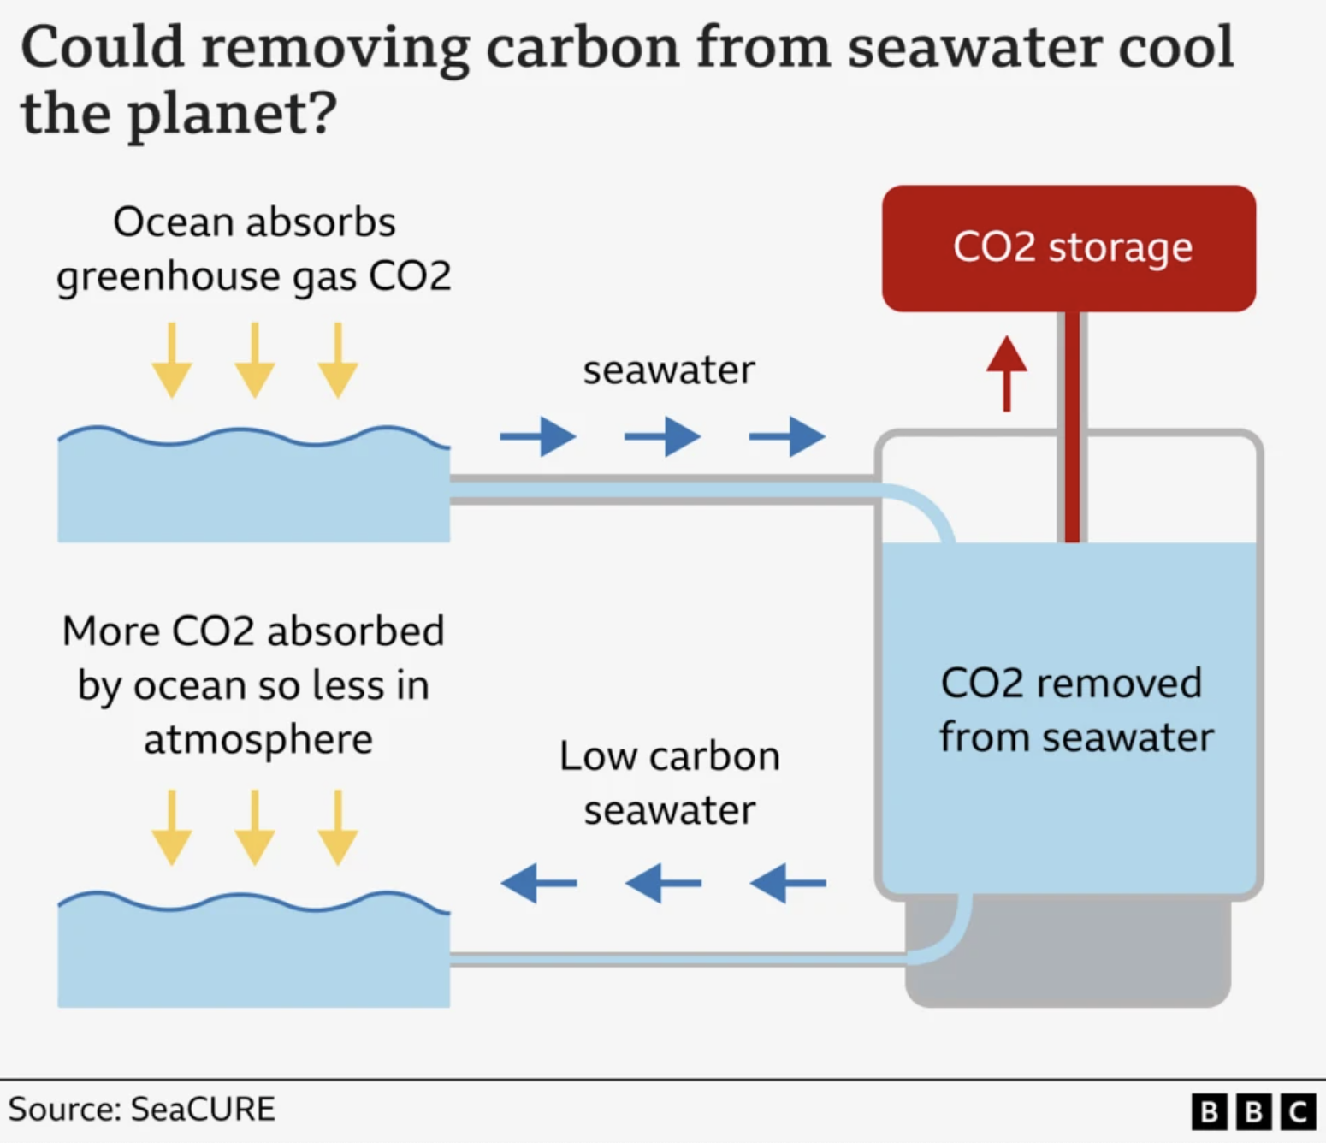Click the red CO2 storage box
pos(1068,248)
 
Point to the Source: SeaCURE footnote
pos(142,1109)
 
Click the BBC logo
pos(1253,1111)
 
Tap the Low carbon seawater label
pos(670,783)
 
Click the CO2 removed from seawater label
pos(1074,710)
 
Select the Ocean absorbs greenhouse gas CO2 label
pos(254,249)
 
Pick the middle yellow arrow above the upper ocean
pos(255,360)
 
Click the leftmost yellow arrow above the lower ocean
pos(172,827)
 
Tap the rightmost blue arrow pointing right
pos(788,436)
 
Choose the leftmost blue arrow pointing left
pos(538,882)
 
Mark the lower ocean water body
pos(253,958)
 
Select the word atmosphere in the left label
pos(258,740)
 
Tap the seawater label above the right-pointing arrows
pos(669,370)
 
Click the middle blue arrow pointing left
pos(663,882)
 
